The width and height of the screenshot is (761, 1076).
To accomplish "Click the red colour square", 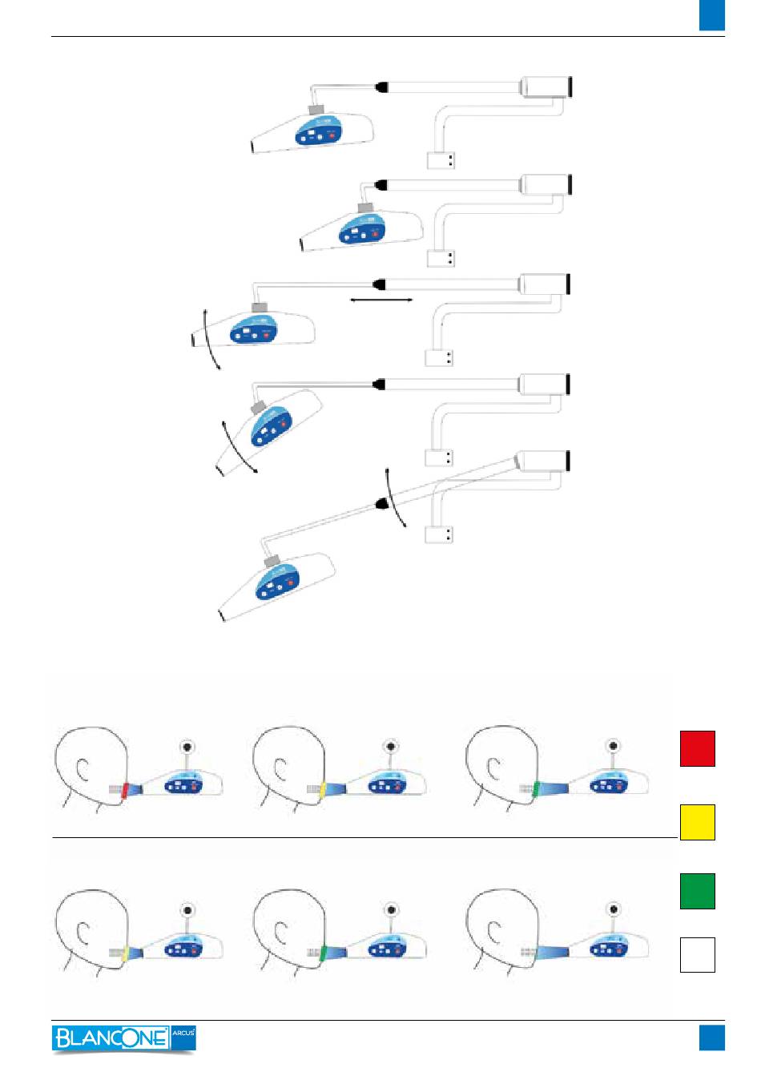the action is pos(697,748).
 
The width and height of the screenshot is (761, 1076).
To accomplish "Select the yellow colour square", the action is pos(697,822).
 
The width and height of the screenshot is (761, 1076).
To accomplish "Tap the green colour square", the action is pos(697,891).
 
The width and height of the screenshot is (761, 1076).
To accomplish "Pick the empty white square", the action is pos(697,954).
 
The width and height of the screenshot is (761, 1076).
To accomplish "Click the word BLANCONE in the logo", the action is pos(111,1038).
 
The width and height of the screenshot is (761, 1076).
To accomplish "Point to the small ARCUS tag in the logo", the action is pos(183,1034).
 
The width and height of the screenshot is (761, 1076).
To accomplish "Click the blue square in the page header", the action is pos(711,15).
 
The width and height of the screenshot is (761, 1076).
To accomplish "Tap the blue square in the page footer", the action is pos(711,1038).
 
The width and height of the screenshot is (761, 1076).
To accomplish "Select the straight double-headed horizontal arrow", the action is pos(382,300).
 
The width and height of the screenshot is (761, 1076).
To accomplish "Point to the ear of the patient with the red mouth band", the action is pos(82,769).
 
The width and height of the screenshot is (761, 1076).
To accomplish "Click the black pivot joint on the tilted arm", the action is pos(382,504).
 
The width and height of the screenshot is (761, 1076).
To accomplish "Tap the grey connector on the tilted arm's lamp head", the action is pos(272,560).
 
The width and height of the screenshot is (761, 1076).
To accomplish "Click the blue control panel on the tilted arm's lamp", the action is pos(277,584).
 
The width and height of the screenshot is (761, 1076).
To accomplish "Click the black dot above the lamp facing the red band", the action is pos(187,747).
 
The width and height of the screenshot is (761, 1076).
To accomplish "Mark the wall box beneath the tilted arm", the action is pos(439,534).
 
